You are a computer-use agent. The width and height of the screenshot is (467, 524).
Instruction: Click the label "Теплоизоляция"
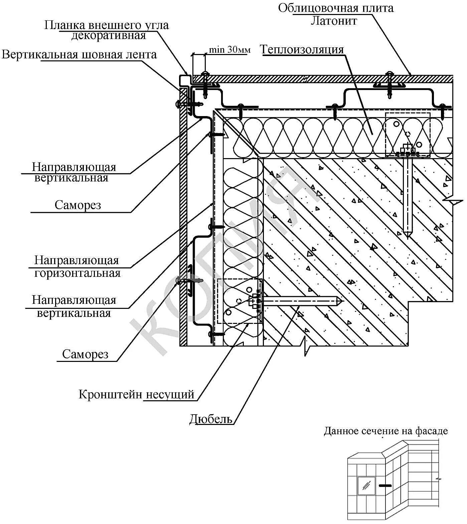pyautogui.click(x=302, y=50)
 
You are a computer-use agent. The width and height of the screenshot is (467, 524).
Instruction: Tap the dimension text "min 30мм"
pyautogui.click(x=229, y=50)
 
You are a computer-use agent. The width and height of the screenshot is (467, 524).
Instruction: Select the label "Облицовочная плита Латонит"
pyautogui.click(x=336, y=14)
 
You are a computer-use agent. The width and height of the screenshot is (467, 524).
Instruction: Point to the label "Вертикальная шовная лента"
pyautogui.click(x=79, y=55)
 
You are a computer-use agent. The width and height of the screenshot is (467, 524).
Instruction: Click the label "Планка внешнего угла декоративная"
pyautogui.click(x=107, y=30)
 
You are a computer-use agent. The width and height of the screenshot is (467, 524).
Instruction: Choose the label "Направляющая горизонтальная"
pyautogui.click(x=77, y=267)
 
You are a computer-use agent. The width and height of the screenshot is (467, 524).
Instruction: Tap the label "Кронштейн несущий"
pyautogui.click(x=136, y=394)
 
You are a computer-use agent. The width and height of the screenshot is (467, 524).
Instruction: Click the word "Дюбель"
pyautogui.click(x=211, y=419)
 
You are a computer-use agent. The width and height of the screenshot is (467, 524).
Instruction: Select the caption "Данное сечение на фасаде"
pyautogui.click(x=385, y=431)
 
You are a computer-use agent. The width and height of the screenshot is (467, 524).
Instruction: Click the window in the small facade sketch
pyautogui.click(x=366, y=486)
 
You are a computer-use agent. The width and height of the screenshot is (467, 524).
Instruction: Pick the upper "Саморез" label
pyautogui.click(x=78, y=205)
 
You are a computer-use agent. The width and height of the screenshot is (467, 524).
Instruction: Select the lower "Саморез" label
pyautogui.click(x=85, y=354)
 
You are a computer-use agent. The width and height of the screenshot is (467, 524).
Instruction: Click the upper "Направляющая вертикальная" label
pyautogui.click(x=74, y=172)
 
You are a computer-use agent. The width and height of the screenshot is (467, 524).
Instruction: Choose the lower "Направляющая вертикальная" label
pyautogui.click(x=74, y=307)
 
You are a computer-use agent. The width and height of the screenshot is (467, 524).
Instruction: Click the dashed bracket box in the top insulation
pyautogui.click(x=408, y=134)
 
